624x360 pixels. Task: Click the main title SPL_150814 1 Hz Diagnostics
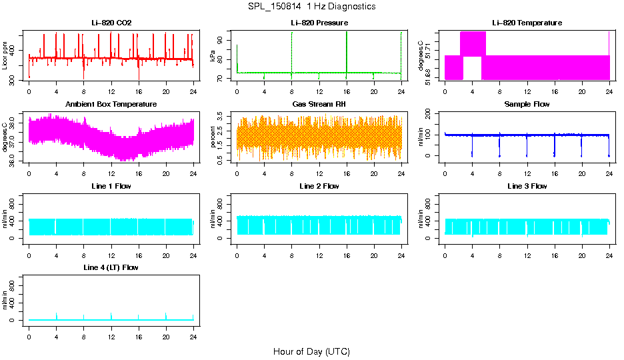[x=311, y=7]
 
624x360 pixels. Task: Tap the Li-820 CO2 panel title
[x=111, y=23]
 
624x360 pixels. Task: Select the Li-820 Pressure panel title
[x=319, y=23]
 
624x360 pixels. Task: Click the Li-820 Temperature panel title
[x=527, y=23]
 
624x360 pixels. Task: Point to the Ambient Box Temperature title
[x=111, y=105]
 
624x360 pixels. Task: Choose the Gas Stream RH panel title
[x=319, y=105]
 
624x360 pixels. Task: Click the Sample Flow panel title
[x=527, y=105]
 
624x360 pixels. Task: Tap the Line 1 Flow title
[x=111, y=186]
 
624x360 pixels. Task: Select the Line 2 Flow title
[x=319, y=186]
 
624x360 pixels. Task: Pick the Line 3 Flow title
[x=527, y=186]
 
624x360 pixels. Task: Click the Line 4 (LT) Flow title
[x=111, y=267]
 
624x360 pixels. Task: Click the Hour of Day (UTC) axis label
[x=311, y=351]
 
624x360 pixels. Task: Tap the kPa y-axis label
[x=213, y=57]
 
